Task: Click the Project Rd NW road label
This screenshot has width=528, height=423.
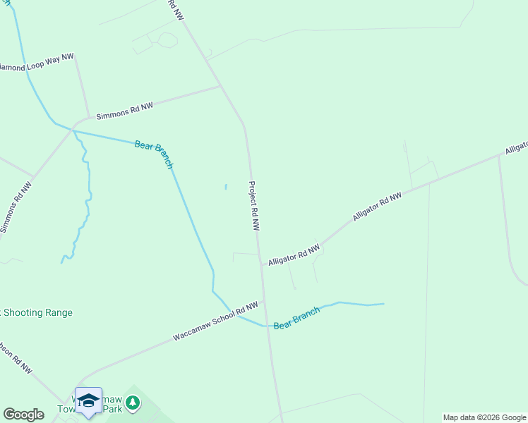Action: point(254,206)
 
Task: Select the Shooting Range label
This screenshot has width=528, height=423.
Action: point(37,312)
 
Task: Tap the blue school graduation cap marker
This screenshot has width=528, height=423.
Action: point(88,401)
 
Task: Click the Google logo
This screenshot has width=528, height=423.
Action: point(23,415)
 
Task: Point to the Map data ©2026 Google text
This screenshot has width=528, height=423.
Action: point(484,417)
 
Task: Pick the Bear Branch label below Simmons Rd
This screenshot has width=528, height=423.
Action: point(154,154)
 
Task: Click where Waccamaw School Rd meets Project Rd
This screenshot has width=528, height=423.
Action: point(263,301)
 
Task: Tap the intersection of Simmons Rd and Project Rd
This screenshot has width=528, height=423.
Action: point(222,87)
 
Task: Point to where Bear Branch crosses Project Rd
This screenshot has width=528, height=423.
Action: point(267,326)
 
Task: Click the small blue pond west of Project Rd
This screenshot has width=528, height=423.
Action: point(226,187)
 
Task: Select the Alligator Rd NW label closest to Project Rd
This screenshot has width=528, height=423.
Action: point(294,255)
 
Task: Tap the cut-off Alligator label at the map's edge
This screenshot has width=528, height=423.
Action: point(516,147)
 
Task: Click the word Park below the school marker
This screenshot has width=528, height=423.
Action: point(113,408)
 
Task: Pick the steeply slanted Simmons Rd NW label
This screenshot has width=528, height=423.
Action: point(16,209)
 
